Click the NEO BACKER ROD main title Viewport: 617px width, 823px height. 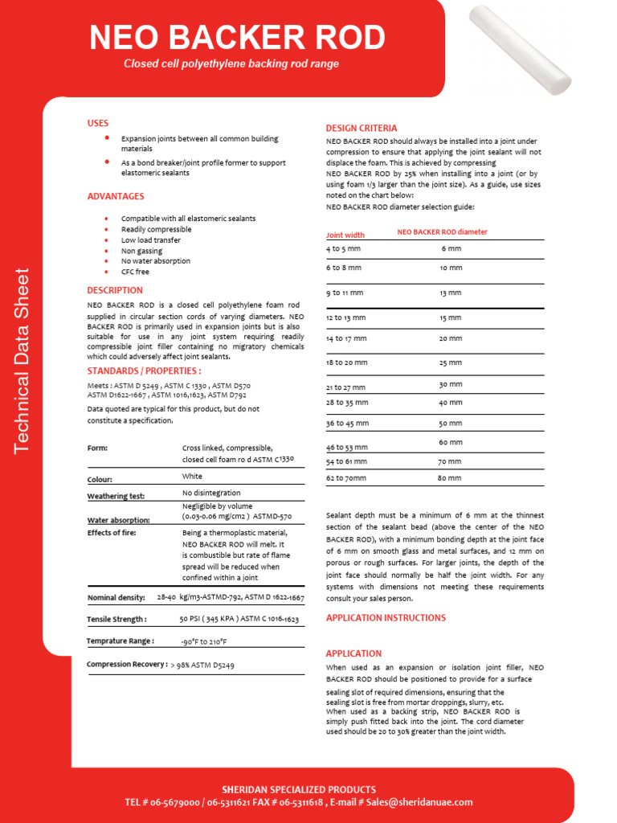point(237,37)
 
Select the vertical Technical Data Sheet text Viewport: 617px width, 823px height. point(22,359)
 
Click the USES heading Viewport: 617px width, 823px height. point(98,123)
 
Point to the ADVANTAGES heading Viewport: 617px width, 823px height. point(116,196)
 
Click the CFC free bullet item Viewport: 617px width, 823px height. point(135,272)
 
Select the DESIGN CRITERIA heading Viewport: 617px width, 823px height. point(361,129)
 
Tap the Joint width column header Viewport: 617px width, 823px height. point(345,235)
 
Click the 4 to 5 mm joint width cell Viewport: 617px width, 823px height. point(343,249)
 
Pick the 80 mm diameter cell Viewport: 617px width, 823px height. point(450,478)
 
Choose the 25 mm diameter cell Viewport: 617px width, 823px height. point(450,362)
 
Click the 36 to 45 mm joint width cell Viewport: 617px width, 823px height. point(347,423)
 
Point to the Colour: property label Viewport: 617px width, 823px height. point(100,480)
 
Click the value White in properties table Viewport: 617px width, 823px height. point(193,477)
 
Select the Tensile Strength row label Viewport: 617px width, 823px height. point(116,620)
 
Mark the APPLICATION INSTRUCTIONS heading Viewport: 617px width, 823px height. point(386,618)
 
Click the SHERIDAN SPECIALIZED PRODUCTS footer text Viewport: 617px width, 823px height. point(299,789)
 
